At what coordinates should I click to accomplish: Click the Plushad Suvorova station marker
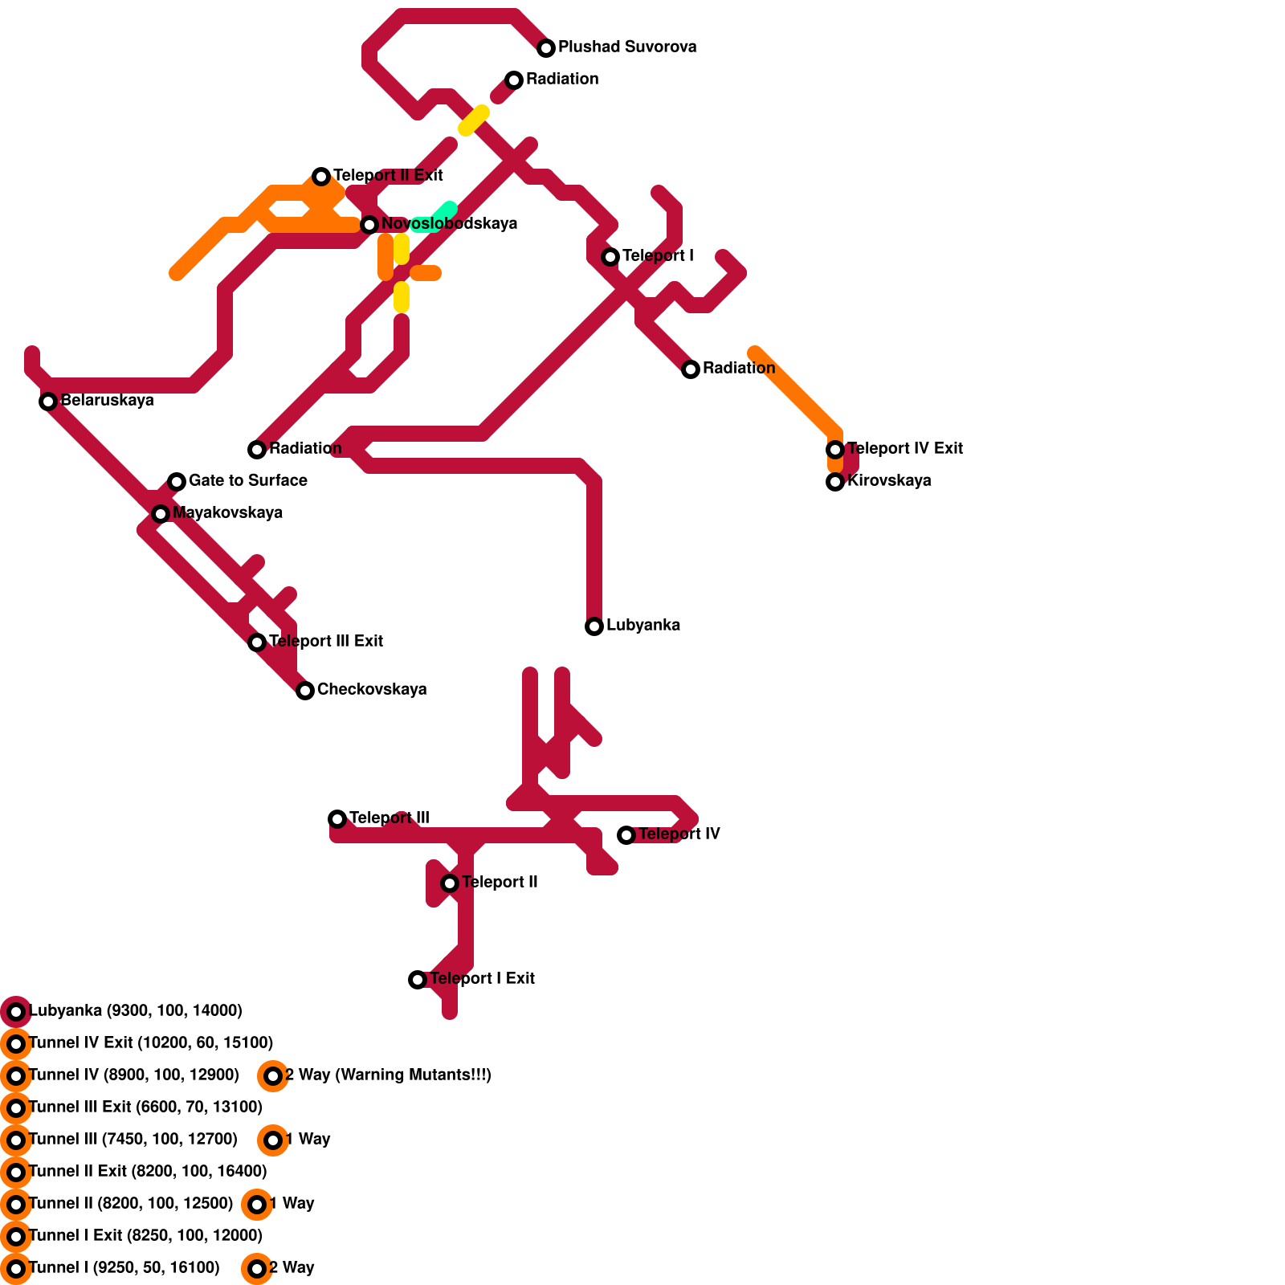(x=546, y=48)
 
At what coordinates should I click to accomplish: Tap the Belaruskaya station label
(x=107, y=400)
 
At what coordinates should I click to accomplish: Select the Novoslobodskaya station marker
(x=369, y=225)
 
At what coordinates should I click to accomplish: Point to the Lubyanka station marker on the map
(x=594, y=626)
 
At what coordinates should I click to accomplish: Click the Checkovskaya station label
(x=372, y=689)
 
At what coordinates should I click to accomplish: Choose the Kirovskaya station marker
(x=835, y=482)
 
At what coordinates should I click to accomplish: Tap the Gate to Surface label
(x=247, y=480)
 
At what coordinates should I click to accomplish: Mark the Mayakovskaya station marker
(x=161, y=514)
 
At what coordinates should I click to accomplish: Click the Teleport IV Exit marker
(x=835, y=450)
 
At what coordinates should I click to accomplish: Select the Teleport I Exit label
(x=482, y=978)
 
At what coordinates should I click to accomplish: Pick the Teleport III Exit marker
(x=257, y=642)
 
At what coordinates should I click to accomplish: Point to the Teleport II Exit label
(x=388, y=175)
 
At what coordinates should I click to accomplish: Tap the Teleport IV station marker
(x=626, y=835)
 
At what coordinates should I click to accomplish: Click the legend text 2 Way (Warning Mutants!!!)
(x=388, y=1075)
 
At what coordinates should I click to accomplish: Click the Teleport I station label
(x=658, y=255)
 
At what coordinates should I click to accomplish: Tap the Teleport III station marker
(x=337, y=819)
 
